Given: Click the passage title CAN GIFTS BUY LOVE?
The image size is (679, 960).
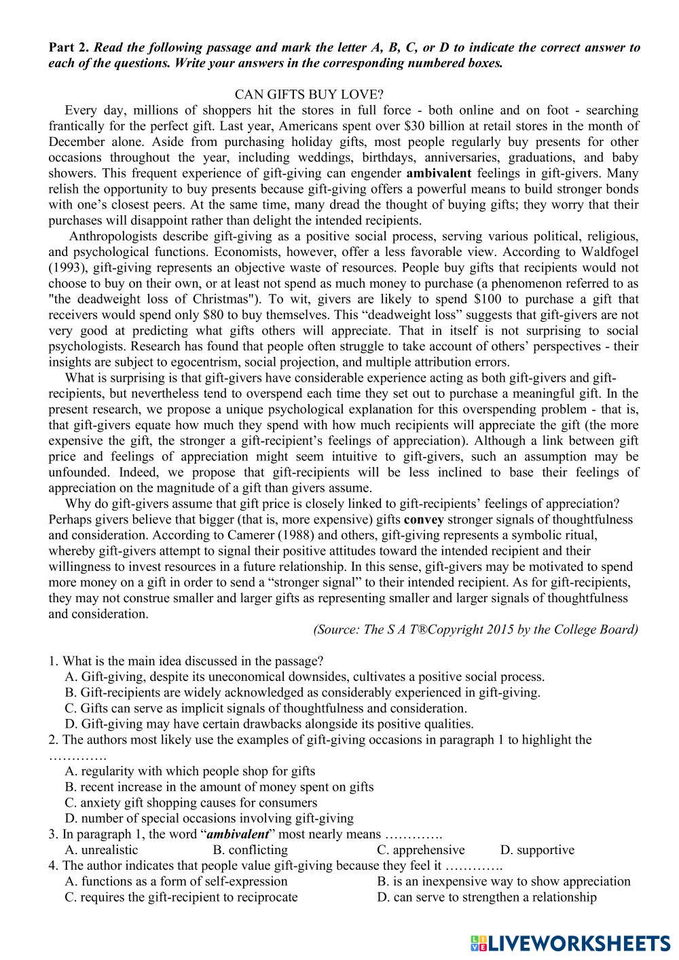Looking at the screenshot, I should coord(313,94).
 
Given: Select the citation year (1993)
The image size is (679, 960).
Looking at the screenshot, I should coord(69,267).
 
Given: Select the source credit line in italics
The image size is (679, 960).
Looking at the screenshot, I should coord(475,629).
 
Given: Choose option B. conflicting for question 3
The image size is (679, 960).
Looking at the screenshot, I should coord(250,850).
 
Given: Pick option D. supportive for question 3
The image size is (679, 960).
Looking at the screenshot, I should coord(537,850).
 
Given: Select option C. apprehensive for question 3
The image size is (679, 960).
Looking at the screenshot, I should coord(421,850).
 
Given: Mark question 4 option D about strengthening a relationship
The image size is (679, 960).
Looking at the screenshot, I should coord(487,898).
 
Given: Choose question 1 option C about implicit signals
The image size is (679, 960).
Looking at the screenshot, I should coord(265,709).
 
